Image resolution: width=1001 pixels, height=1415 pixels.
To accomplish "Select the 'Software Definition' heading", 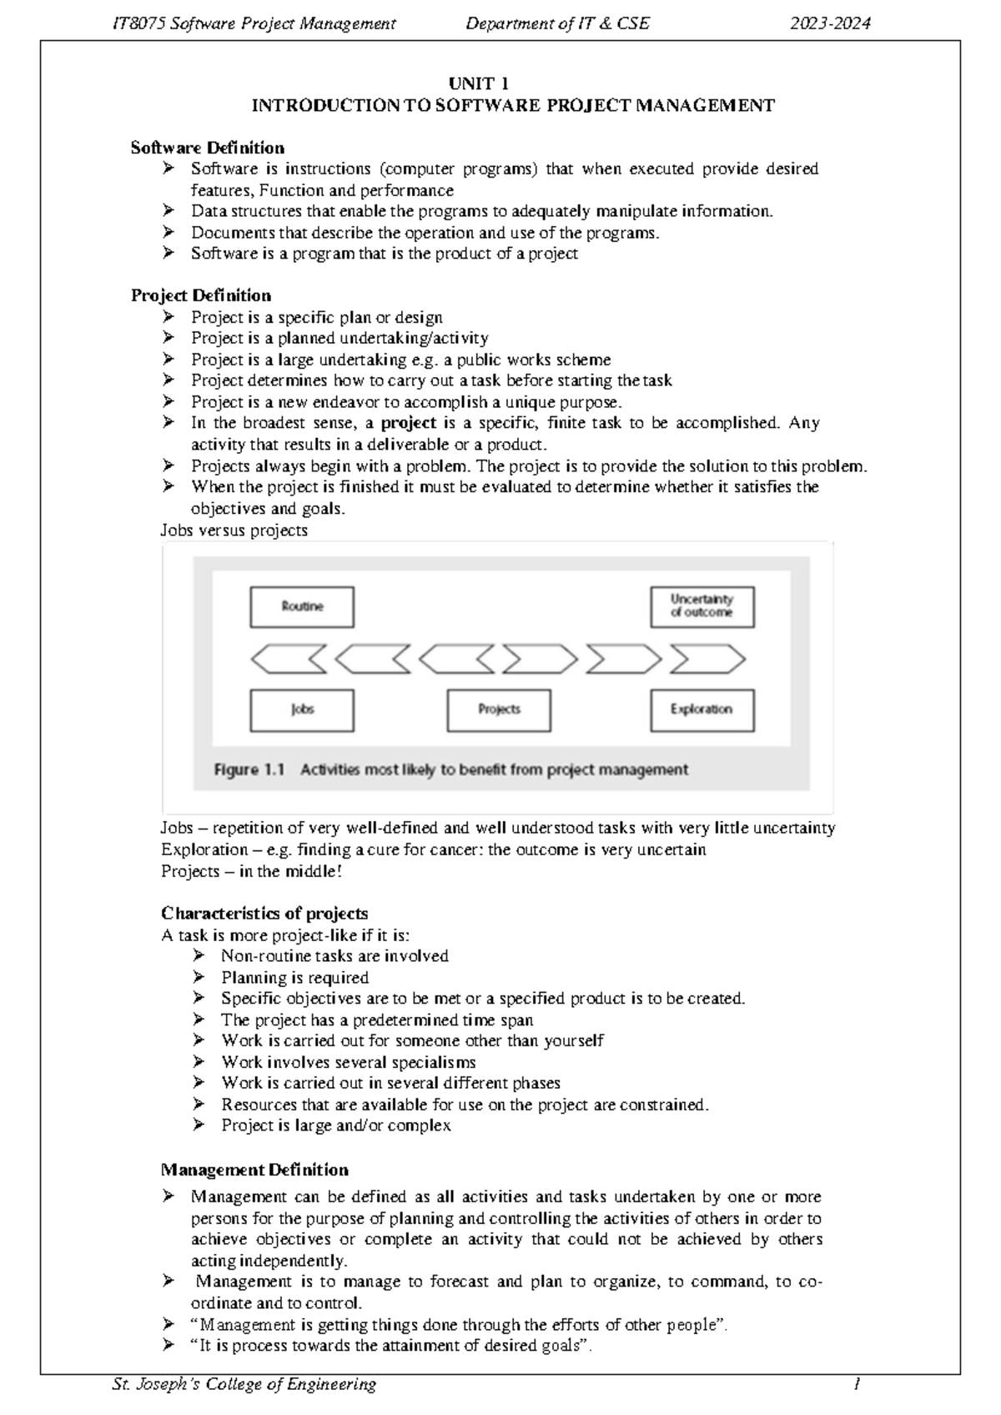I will coord(208,148).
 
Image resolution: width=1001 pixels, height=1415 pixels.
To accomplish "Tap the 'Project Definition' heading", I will coord(201,295).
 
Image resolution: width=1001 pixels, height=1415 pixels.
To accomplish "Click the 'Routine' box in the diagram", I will coord(302,607).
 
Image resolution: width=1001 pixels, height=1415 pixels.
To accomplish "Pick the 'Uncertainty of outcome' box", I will coord(702,607).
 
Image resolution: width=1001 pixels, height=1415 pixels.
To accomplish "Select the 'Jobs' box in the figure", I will coord(302,710).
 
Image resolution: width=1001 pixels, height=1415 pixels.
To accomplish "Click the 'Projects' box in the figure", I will coord(499,710).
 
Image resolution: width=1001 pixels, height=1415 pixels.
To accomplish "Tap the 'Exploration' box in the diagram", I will coord(702,710).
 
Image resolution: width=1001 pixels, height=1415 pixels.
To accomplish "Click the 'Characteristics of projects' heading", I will coord(264,913).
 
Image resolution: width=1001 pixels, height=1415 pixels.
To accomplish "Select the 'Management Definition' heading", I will coord(254,1170).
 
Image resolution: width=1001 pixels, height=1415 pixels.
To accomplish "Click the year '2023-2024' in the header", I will coord(830,23).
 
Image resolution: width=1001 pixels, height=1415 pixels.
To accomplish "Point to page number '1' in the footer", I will coord(856,1384).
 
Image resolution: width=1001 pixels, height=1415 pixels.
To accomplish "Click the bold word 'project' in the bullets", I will coord(409,423).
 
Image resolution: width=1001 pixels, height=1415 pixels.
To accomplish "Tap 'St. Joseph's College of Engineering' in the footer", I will coord(244,1384).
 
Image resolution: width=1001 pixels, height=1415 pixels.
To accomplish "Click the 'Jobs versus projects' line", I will coord(234,530).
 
